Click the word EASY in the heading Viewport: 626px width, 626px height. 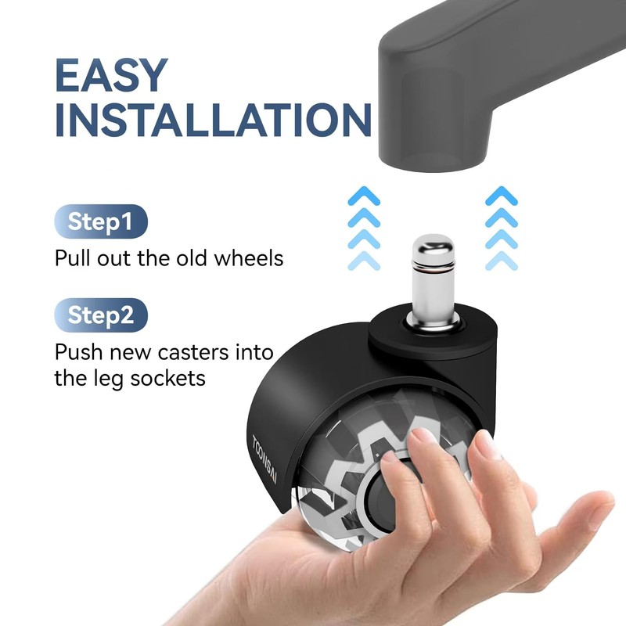(111, 75)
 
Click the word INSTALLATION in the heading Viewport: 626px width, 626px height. (214, 121)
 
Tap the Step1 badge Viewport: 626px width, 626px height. (101, 221)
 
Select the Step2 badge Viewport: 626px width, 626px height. (101, 315)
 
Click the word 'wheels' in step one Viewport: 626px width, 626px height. (249, 258)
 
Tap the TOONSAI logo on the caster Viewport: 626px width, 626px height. (264, 459)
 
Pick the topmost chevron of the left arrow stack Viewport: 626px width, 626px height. (364, 196)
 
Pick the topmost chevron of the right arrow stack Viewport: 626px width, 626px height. (502, 196)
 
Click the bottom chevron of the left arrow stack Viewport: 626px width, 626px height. (364, 261)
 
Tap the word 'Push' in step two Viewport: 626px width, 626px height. (77, 352)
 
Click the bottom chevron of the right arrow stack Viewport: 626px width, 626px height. (502, 261)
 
